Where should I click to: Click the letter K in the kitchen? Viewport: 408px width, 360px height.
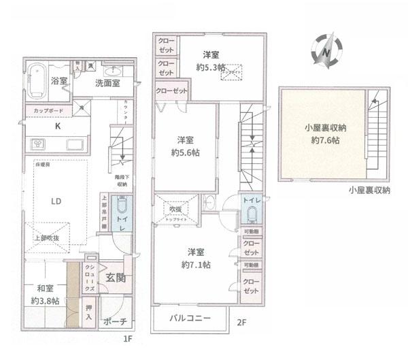tap(57, 125)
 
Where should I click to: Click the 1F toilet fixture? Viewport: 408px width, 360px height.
tap(122, 206)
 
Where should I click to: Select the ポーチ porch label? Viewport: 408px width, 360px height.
tap(114, 322)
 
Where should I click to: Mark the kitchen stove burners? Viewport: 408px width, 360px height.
tap(38, 144)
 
